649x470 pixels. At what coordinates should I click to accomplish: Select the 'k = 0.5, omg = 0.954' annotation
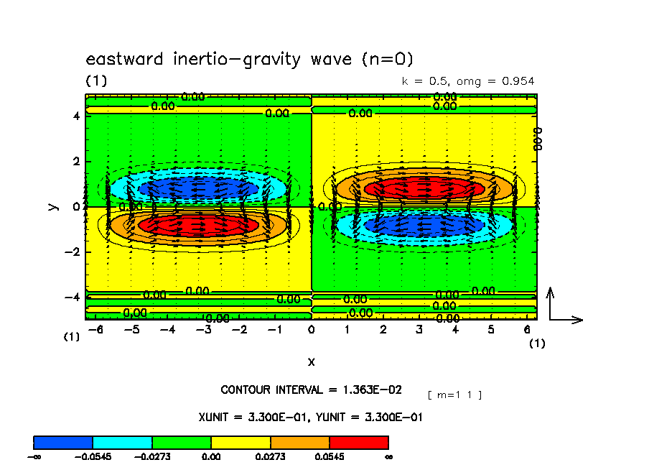coord(468,81)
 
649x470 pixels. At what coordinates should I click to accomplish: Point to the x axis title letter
coord(311,361)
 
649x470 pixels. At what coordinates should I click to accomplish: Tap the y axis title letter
coord(52,206)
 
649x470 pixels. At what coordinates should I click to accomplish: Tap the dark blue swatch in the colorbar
coord(63,442)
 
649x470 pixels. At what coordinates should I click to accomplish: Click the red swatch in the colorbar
coord(358,442)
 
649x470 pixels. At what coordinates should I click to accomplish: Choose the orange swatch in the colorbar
coord(299,442)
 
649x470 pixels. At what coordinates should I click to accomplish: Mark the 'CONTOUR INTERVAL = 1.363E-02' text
coord(311,390)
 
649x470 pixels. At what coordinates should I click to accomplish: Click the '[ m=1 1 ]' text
coord(454,395)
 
